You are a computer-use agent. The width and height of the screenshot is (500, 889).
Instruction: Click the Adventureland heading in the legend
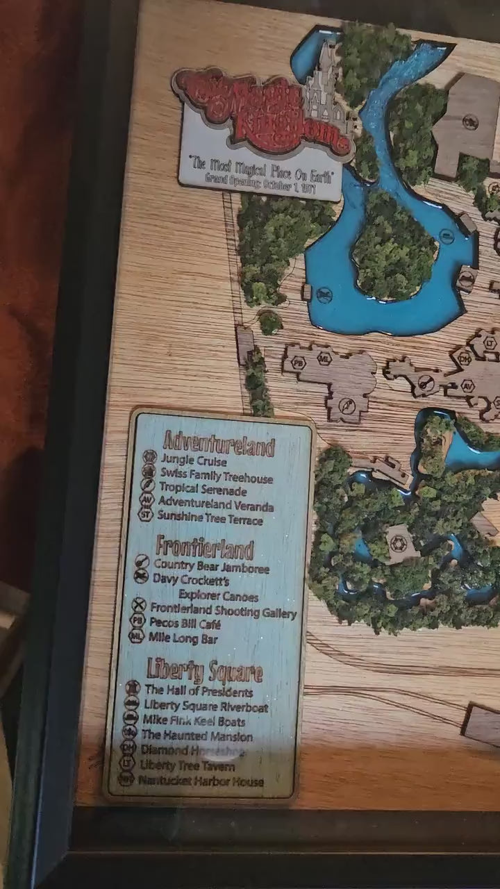pyautogui.click(x=219, y=444)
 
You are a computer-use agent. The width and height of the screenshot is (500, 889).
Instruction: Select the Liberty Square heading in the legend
pyautogui.click(x=204, y=671)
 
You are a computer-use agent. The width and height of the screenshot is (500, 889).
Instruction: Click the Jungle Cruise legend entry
pyautogui.click(x=194, y=460)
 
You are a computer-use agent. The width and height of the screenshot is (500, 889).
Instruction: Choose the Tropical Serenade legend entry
pyautogui.click(x=203, y=490)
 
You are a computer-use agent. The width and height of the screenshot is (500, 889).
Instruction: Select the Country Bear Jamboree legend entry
pyautogui.click(x=211, y=567)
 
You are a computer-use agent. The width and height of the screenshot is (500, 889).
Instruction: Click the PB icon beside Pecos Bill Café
pyautogui.click(x=137, y=623)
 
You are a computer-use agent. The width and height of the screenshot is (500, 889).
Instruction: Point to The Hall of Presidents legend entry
pyautogui.click(x=199, y=691)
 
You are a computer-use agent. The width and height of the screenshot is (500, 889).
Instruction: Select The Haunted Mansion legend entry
pyautogui.click(x=197, y=735)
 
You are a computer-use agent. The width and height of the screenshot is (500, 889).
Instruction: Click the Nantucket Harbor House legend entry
pyautogui.click(x=201, y=781)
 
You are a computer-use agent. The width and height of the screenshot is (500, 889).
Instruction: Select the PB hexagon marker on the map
pyautogui.click(x=299, y=362)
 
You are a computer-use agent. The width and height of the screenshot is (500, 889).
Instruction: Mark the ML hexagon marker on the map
pyautogui.click(x=324, y=358)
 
